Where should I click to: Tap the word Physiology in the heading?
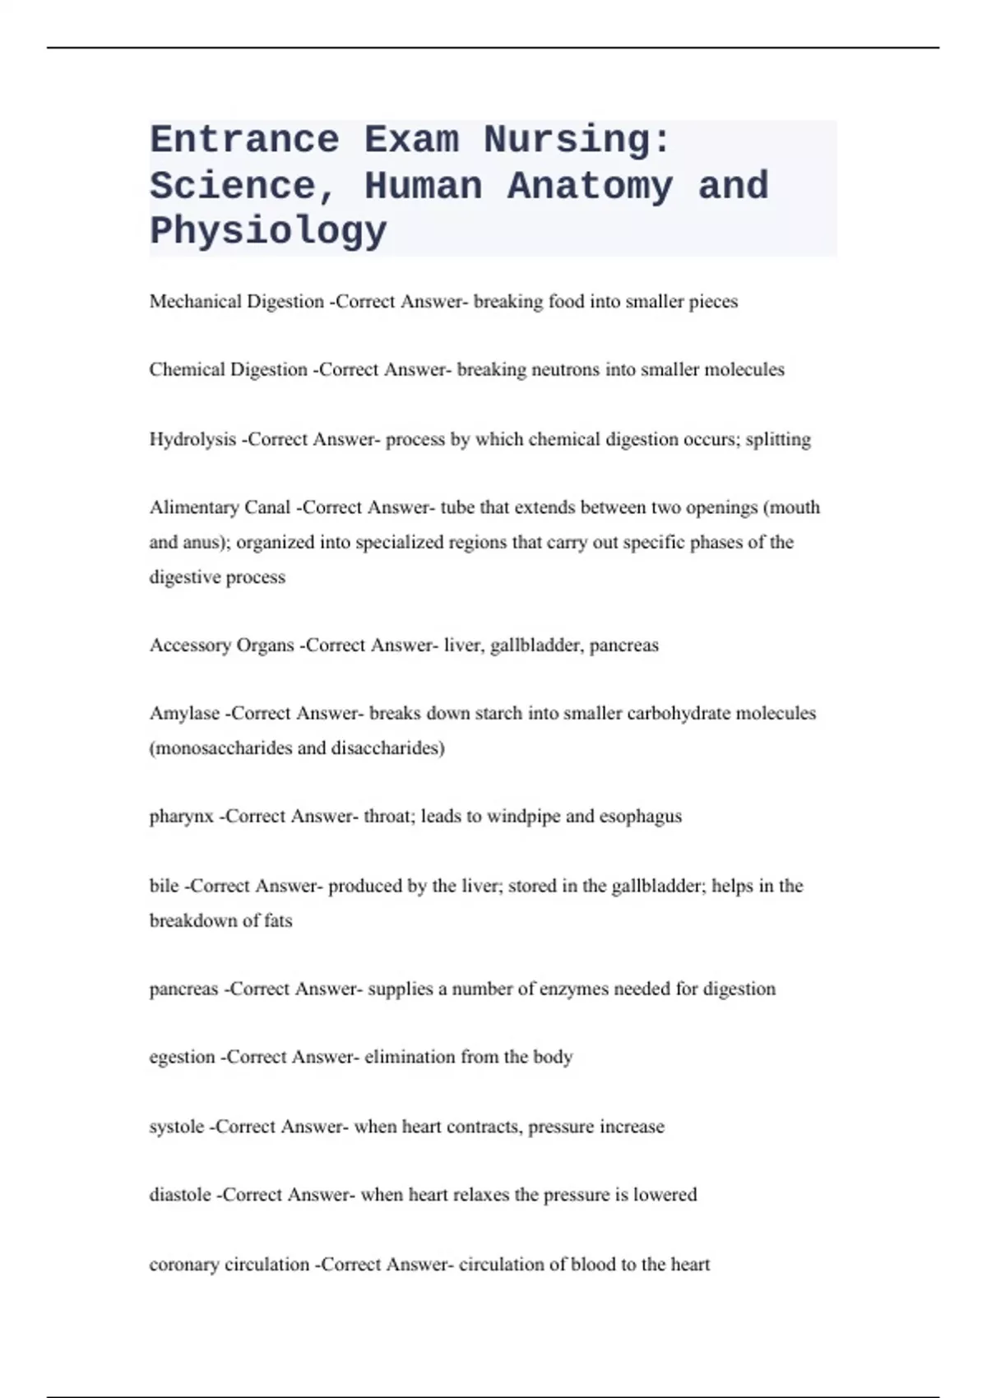pos(268,230)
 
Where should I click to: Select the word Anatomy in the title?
pos(590,186)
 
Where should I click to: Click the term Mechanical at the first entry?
pos(195,302)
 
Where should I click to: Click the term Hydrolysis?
pos(192,440)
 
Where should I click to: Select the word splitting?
pos(777,440)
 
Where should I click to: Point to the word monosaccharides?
pos(221,748)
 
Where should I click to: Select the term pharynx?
pos(181,817)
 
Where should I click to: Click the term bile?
pos(164,886)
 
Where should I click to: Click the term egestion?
pos(182,1058)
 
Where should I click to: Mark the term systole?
pos(176,1127)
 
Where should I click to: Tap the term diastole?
pos(179,1195)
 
